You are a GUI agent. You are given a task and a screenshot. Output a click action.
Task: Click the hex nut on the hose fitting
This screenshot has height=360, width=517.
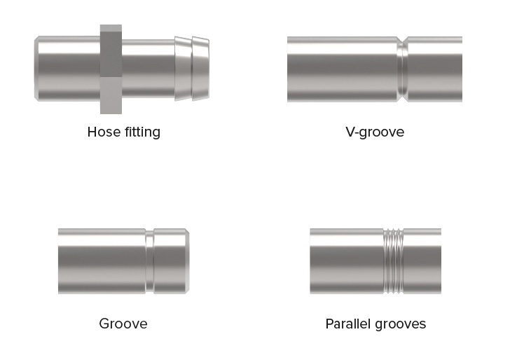(111, 69)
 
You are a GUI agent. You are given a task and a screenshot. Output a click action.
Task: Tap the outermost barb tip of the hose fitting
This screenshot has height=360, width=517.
(201, 69)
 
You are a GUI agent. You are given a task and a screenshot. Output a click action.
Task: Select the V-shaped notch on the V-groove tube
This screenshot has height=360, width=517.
(402, 69)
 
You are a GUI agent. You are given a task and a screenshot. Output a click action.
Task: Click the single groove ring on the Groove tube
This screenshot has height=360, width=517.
(150, 261)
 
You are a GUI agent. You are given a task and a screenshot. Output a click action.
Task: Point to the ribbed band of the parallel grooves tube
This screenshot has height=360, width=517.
(394, 261)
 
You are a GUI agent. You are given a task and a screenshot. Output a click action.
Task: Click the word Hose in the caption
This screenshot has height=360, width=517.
(104, 132)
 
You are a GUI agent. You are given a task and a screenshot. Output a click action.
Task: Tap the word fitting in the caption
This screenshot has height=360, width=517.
(142, 132)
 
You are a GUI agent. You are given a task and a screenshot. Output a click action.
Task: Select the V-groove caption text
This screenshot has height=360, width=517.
(375, 132)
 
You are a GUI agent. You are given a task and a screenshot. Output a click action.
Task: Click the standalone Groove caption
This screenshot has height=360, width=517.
(123, 324)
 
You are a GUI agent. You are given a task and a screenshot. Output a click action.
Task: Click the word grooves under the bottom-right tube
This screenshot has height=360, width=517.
(400, 324)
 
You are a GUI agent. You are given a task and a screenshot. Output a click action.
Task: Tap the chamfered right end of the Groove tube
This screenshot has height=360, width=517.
(187, 261)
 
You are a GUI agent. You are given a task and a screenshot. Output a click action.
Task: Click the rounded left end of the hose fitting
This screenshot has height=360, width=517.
(36, 69)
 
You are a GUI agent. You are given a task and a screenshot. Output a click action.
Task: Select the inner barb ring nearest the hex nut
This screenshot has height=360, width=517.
(184, 69)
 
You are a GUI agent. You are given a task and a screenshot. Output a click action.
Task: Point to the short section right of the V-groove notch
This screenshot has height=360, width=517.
(435, 69)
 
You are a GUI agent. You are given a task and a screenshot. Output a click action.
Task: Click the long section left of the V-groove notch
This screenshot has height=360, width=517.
(343, 69)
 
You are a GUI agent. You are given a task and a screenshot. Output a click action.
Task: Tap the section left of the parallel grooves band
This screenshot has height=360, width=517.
(347, 261)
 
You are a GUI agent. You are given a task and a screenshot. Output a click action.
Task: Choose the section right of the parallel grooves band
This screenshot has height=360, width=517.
(422, 261)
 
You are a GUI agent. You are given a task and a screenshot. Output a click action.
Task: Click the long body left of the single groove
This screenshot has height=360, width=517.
(102, 261)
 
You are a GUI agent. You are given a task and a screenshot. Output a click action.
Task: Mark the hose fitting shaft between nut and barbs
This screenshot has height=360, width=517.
(149, 69)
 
